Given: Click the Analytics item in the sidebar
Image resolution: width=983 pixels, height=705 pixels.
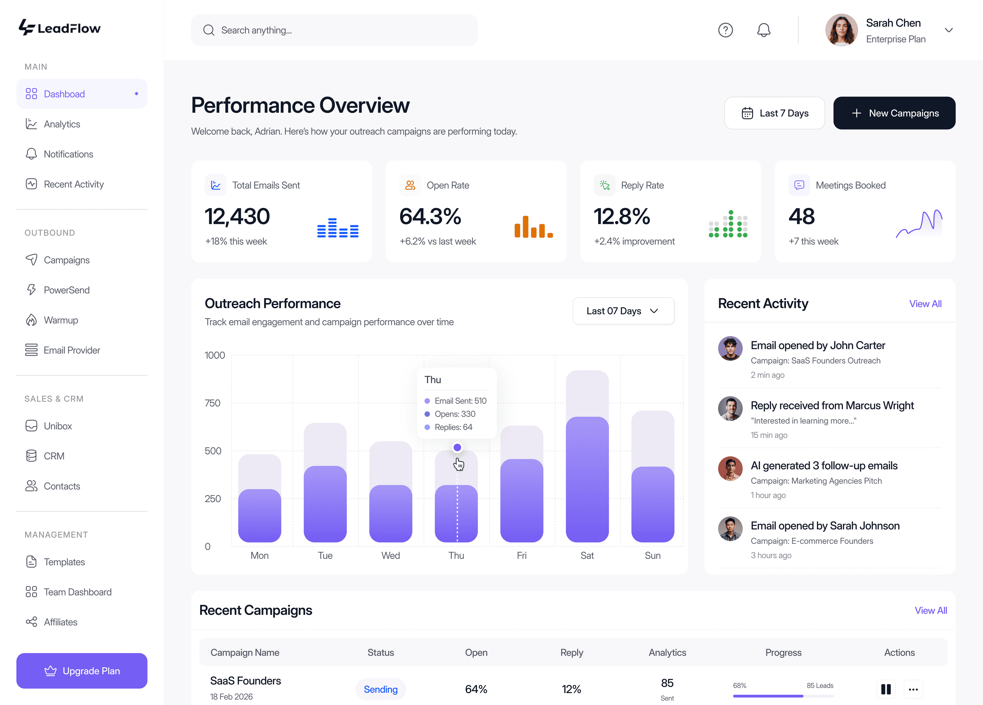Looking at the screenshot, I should click(x=61, y=124).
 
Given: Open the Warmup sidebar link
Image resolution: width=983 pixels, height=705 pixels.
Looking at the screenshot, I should click(x=61, y=320).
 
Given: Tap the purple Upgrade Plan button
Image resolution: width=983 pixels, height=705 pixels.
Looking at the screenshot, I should click(x=82, y=671).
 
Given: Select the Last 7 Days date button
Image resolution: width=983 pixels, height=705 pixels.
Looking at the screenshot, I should click(x=775, y=113).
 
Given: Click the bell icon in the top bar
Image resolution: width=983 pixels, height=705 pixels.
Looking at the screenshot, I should click(x=764, y=30).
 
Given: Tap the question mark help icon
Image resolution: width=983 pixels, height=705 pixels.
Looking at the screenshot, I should click(x=725, y=30).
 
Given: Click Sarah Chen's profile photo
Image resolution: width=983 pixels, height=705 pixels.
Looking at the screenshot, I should click(x=841, y=30).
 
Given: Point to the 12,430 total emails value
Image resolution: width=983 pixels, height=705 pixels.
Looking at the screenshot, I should click(x=237, y=216).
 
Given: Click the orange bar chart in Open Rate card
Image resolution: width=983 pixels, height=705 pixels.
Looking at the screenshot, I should click(x=533, y=227).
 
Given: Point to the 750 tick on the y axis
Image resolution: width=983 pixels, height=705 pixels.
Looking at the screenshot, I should click(x=212, y=403).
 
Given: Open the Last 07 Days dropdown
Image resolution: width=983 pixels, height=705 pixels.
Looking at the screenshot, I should click(x=623, y=311).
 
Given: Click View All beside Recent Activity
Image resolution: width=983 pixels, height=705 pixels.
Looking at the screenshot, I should click(x=925, y=304).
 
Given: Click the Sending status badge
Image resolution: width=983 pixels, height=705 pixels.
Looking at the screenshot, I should click(x=380, y=689).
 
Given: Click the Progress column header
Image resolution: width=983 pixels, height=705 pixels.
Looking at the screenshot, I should click(x=783, y=652).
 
